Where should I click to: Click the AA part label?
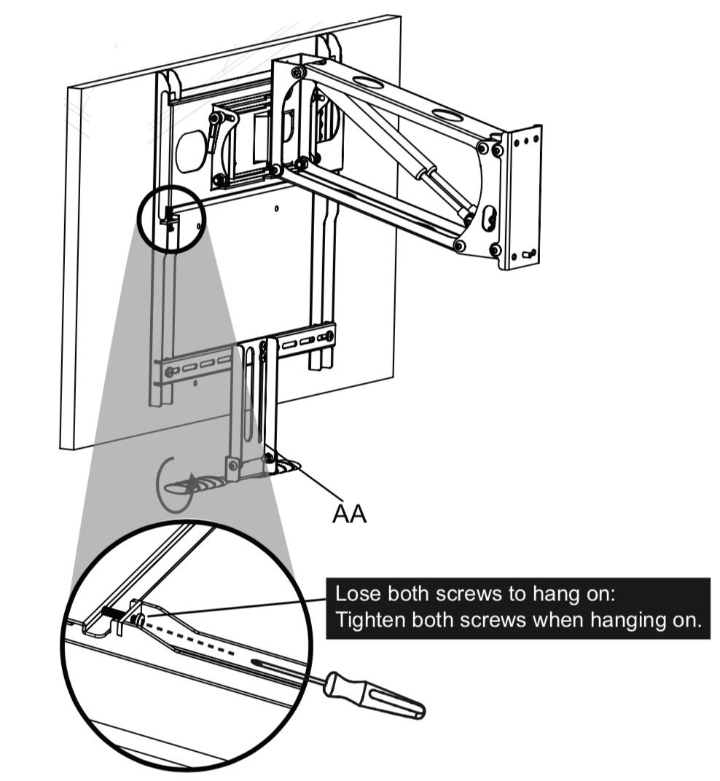pos(349,514)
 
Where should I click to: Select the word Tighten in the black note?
pos(365,621)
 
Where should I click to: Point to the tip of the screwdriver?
pos(255,662)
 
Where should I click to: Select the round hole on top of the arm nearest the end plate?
pos(445,114)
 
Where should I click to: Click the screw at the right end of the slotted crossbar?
pos(329,336)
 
